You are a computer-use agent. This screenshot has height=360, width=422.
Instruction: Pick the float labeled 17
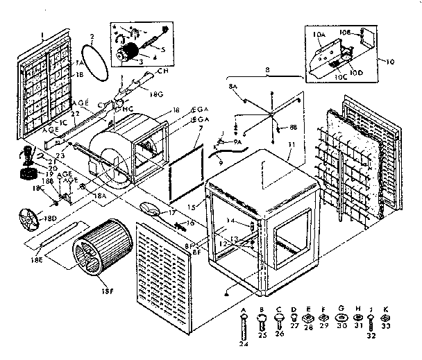point(149,207)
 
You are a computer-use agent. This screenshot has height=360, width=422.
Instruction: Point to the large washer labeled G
point(342,318)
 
